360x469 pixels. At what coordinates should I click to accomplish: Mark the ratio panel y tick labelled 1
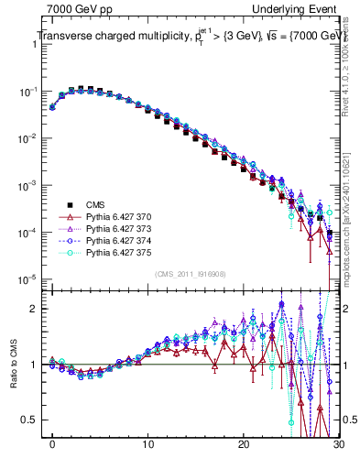coord(36,365)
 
